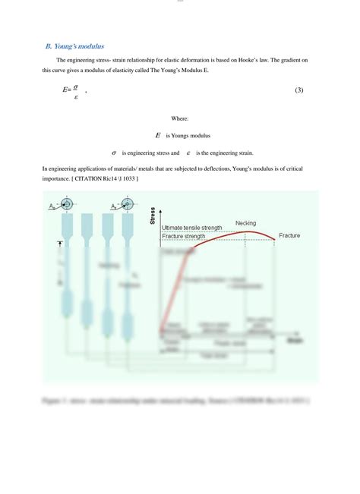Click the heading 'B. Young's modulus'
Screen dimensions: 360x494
tap(75, 46)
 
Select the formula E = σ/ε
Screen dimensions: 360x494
tap(73, 91)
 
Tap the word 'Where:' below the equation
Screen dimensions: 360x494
tap(179, 118)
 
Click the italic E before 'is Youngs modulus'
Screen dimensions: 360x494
tap(157, 135)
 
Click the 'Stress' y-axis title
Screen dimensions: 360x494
tap(153, 216)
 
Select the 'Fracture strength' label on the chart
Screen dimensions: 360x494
tap(184, 236)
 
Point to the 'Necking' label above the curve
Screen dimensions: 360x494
tap(245, 222)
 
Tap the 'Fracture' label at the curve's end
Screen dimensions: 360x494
tap(289, 236)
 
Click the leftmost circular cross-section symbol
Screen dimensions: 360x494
tap(68, 205)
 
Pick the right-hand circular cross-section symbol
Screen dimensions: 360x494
tap(126, 205)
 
